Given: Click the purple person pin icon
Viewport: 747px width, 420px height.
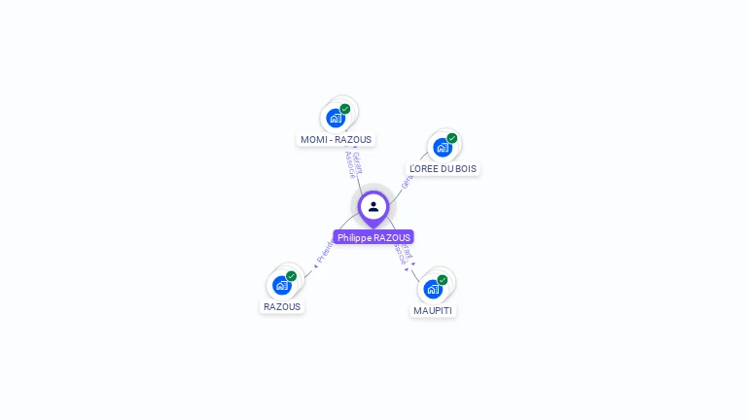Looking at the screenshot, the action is pyautogui.click(x=373, y=206).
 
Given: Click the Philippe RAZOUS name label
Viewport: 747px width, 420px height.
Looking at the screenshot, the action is pyautogui.click(x=373, y=237).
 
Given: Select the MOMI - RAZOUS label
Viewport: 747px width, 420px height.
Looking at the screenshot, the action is pyautogui.click(x=336, y=139).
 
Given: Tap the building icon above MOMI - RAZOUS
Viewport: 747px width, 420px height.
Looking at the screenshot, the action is pyautogui.click(x=336, y=119).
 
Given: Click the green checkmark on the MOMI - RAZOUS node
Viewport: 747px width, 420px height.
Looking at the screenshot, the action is pyautogui.click(x=345, y=109).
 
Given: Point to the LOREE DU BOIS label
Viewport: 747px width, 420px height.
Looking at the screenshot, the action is pyautogui.click(x=443, y=168).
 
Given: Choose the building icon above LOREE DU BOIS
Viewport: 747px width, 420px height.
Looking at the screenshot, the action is pyautogui.click(x=443, y=148).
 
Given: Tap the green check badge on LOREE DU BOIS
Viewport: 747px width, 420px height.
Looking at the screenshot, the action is pyautogui.click(x=452, y=138).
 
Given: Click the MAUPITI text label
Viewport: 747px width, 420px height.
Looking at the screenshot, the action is pyautogui.click(x=432, y=310).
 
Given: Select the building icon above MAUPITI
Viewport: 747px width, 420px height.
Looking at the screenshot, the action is pyautogui.click(x=433, y=289).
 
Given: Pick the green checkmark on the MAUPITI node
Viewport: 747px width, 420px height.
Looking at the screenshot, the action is pyautogui.click(x=443, y=280).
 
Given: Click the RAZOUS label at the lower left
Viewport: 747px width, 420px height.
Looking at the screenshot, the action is pyautogui.click(x=282, y=306).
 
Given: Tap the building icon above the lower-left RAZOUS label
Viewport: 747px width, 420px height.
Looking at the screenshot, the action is pyautogui.click(x=281, y=286).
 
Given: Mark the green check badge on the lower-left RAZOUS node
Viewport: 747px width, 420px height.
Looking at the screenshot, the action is pyautogui.click(x=291, y=276).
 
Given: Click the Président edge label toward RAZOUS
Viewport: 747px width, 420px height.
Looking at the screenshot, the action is pyautogui.click(x=324, y=253).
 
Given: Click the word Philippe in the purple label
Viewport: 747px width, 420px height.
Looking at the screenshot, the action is pyautogui.click(x=354, y=237).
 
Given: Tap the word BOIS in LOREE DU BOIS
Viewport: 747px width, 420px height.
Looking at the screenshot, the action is pyautogui.click(x=466, y=168).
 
